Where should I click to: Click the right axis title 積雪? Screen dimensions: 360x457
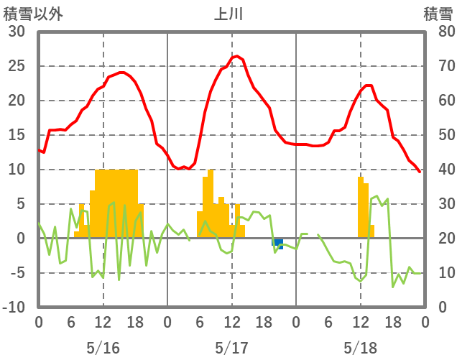point(437,14)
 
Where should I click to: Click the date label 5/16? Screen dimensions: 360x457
point(103,349)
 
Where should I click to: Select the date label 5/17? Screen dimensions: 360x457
point(231,349)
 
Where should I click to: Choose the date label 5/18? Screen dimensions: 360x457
point(360,349)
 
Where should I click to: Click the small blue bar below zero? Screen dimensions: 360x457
point(277,244)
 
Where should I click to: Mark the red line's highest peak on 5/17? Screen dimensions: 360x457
point(236,56)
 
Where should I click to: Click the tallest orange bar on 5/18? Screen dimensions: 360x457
point(361,207)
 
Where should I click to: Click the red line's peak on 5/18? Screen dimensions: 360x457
point(368,86)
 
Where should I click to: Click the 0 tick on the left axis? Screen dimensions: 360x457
point(20,239)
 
